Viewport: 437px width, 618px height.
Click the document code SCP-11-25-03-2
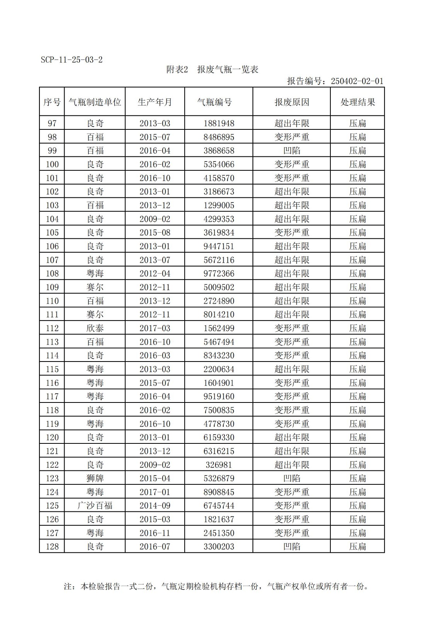pos(71,60)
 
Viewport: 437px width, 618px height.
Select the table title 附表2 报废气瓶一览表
pos(212,70)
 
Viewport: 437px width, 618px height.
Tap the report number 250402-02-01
pos(357,81)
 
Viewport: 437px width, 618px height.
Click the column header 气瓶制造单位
pos(95,102)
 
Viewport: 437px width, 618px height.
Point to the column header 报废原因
pos(292,102)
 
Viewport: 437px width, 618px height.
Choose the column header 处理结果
pos(357,102)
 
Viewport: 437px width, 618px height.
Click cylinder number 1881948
pos(219,124)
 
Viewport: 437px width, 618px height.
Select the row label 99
pos(52,151)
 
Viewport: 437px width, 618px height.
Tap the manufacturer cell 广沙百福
pos(95,506)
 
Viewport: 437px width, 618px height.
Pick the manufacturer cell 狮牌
pos(95,478)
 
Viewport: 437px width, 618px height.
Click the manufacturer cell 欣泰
pos(95,328)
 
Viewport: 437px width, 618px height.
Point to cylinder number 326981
pos(219,465)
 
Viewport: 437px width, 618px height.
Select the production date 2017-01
pos(155,492)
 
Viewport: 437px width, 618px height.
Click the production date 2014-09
pos(155,506)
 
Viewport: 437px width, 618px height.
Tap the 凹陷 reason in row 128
pos(292,547)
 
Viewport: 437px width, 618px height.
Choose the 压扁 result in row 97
pos(357,124)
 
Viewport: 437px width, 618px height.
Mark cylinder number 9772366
pos(219,273)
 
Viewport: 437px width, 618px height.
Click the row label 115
pos(52,369)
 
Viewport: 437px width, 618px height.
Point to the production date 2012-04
pos(155,273)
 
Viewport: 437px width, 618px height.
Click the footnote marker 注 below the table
pos(68,587)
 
